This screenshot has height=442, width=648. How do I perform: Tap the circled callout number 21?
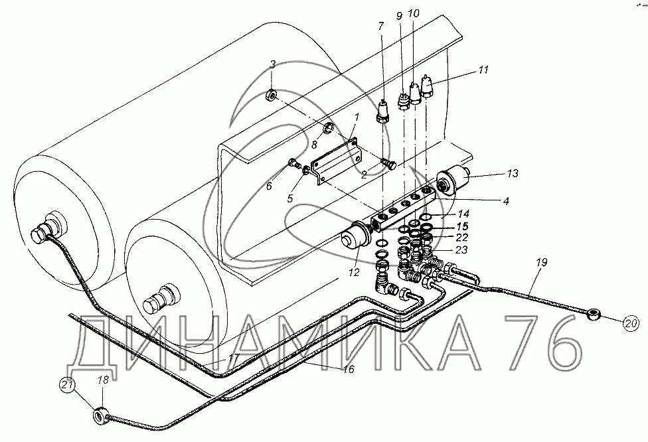(x=66, y=385)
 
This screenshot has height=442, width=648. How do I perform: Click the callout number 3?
(x=272, y=64)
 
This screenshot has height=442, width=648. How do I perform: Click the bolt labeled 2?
(x=389, y=162)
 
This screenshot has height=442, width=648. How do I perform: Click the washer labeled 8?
(x=330, y=127)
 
